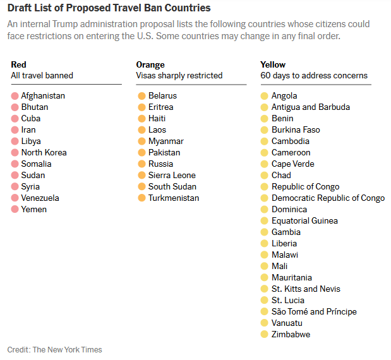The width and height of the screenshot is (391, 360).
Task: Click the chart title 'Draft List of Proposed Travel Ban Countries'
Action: point(109,8)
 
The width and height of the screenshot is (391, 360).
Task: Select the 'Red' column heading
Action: point(18,64)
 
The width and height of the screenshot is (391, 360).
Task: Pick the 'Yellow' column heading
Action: point(273,64)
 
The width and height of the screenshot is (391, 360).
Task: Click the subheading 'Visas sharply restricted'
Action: point(179,76)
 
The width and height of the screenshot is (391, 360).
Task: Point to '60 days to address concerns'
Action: point(314,76)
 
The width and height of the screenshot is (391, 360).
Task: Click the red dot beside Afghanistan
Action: point(15,96)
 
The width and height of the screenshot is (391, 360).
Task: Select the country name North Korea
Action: point(44,153)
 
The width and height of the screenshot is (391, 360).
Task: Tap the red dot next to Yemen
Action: point(15,210)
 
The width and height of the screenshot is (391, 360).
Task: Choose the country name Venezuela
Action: point(40,198)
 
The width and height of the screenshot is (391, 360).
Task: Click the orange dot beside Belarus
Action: point(141,96)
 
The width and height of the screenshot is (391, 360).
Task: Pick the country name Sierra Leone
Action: point(172,176)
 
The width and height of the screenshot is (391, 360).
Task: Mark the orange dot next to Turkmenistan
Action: point(141,198)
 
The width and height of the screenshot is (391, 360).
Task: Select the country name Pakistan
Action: point(164,153)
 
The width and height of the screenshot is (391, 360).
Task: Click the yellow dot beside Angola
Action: point(265,96)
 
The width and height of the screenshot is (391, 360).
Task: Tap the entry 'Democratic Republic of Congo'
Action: point(328,198)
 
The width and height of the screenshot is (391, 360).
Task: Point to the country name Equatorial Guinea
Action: point(304,221)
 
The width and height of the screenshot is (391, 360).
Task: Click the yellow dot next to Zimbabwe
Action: point(265,335)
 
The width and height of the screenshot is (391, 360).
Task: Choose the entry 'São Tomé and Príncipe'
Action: point(314,312)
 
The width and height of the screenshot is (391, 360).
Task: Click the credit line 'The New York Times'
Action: point(67,350)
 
